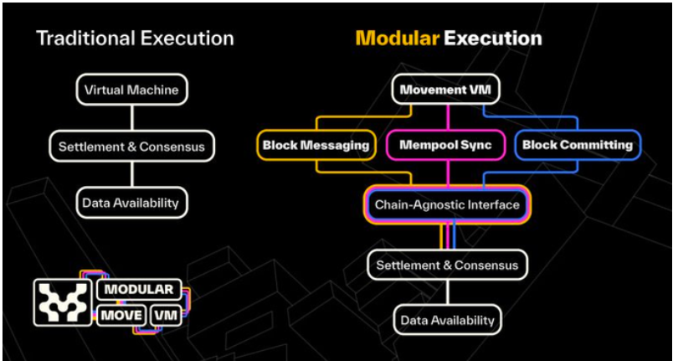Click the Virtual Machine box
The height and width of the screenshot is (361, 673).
[131, 90]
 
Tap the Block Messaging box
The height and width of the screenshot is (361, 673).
[316, 145]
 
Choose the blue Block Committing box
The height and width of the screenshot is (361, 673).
[577, 145]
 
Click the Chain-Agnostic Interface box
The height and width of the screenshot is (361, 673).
[447, 204]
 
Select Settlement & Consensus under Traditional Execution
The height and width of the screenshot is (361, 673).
[131, 147]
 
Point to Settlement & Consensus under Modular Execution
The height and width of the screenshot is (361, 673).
[447, 266]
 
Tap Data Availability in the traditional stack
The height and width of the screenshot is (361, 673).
[131, 202]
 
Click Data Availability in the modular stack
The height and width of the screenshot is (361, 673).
[447, 319]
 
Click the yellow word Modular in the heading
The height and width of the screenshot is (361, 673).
[397, 39]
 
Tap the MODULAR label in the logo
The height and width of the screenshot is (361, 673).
[139, 290]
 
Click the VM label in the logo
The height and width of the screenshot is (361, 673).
[166, 316]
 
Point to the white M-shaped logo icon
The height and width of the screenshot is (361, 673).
[63, 302]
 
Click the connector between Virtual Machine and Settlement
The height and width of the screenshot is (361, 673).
[131, 117]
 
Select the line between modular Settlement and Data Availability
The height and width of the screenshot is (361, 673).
[447, 292]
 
